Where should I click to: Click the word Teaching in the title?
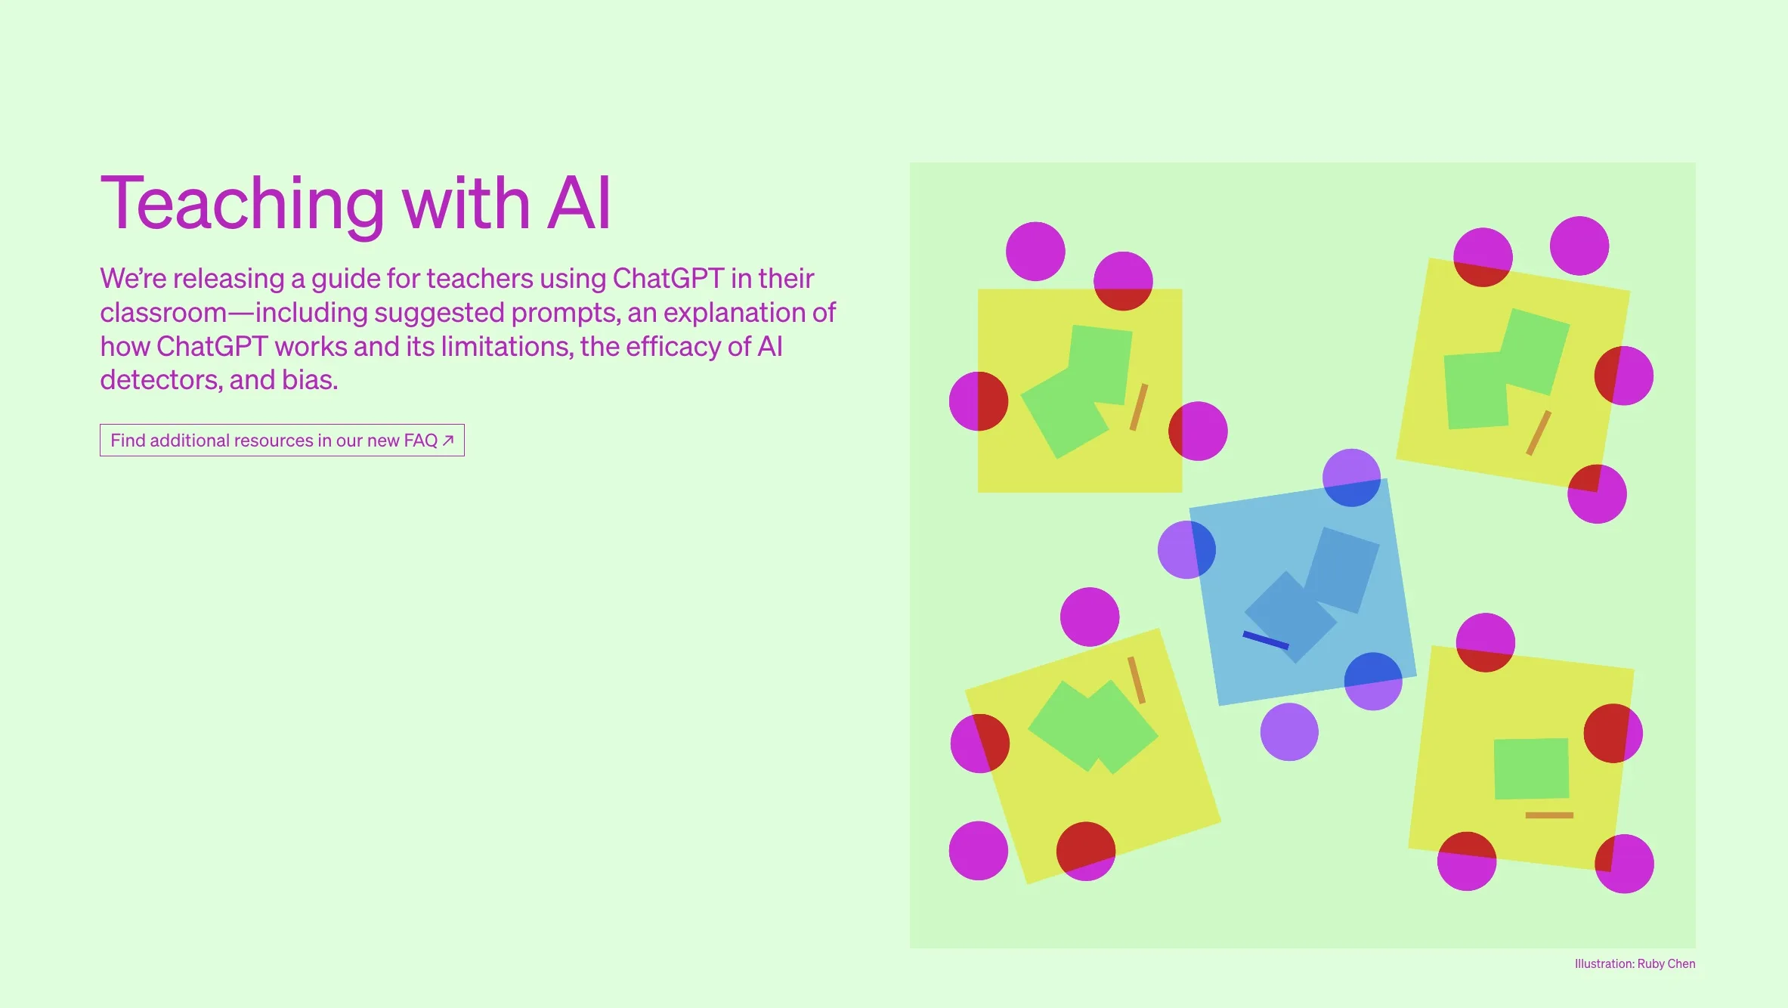point(243,204)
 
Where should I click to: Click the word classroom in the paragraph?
point(163,313)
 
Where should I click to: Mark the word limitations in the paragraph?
point(507,347)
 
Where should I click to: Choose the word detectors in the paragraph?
point(161,380)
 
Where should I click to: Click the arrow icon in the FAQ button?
point(448,441)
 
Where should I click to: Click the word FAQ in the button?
point(421,441)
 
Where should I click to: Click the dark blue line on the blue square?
point(1266,640)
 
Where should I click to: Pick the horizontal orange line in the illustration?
point(1549,815)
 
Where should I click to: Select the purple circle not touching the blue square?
point(1289,732)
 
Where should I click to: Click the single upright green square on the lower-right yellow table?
point(1532,768)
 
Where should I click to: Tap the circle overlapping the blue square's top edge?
point(1351,478)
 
